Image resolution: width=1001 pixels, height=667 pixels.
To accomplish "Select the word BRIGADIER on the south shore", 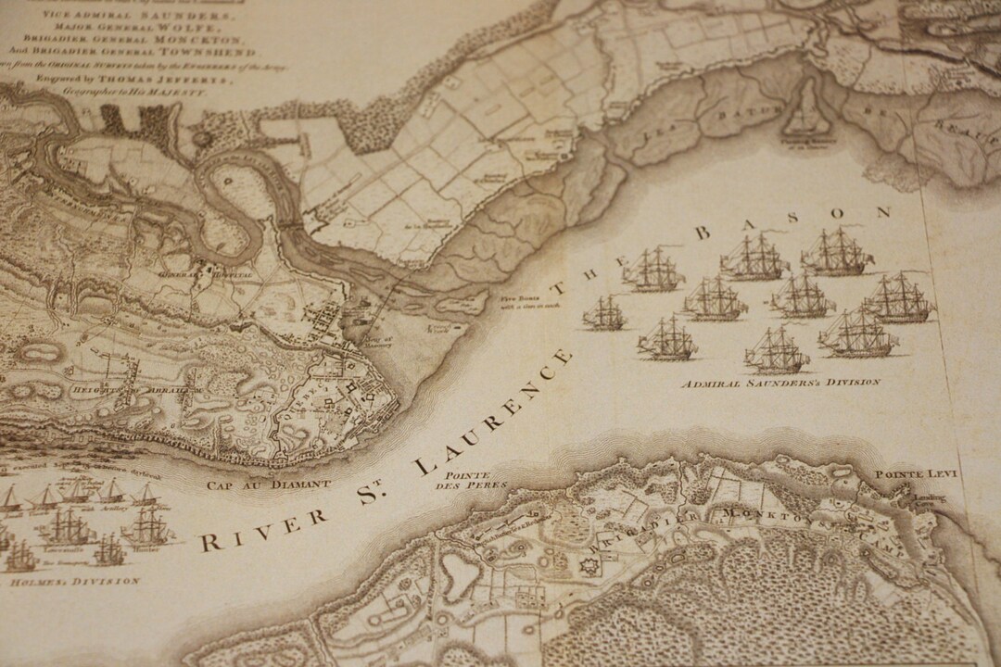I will (657, 524).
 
